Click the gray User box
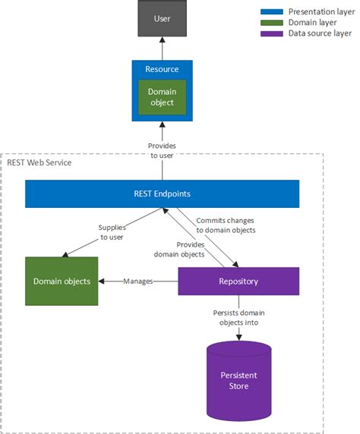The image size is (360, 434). click(162, 18)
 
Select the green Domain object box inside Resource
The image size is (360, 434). click(162, 97)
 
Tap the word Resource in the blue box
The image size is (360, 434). click(162, 69)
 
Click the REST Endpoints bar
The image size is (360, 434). click(162, 193)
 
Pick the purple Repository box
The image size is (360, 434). click(238, 281)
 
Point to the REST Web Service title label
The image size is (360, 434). click(39, 162)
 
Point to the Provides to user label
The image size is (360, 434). click(162, 150)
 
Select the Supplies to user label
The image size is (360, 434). click(112, 232)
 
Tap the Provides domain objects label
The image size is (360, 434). click(180, 250)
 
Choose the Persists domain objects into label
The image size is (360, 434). click(239, 316)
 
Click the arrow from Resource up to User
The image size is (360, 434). click(162, 48)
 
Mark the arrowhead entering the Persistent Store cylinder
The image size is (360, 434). click(238, 337)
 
